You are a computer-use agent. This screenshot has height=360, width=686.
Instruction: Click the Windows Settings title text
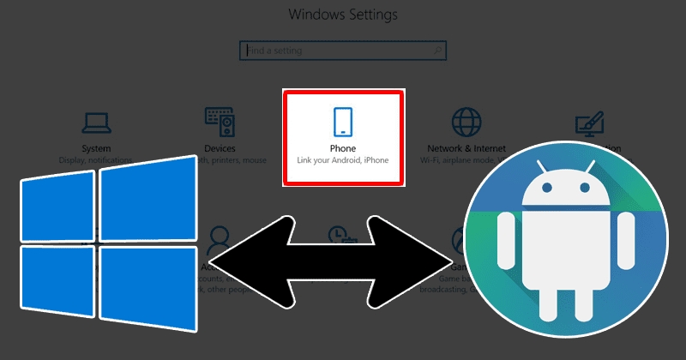click(x=343, y=15)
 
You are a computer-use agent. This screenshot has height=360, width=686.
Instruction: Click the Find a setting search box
click(x=342, y=51)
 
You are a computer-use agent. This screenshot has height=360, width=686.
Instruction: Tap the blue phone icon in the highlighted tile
click(x=343, y=122)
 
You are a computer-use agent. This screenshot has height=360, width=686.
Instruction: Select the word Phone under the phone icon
click(x=342, y=147)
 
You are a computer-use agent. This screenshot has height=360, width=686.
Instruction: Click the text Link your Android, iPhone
click(x=342, y=160)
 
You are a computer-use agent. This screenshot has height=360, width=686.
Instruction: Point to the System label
click(x=95, y=148)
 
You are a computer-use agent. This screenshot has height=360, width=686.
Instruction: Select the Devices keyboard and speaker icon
click(x=220, y=123)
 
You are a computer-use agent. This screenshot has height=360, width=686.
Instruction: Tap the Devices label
click(x=220, y=148)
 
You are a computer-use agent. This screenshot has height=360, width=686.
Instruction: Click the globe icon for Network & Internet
click(x=466, y=123)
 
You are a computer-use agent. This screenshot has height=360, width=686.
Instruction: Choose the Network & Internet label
click(x=466, y=148)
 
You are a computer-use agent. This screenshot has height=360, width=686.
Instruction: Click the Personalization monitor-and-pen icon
click(x=589, y=125)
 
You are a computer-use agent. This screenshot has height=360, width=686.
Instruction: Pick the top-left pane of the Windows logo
click(x=56, y=204)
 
